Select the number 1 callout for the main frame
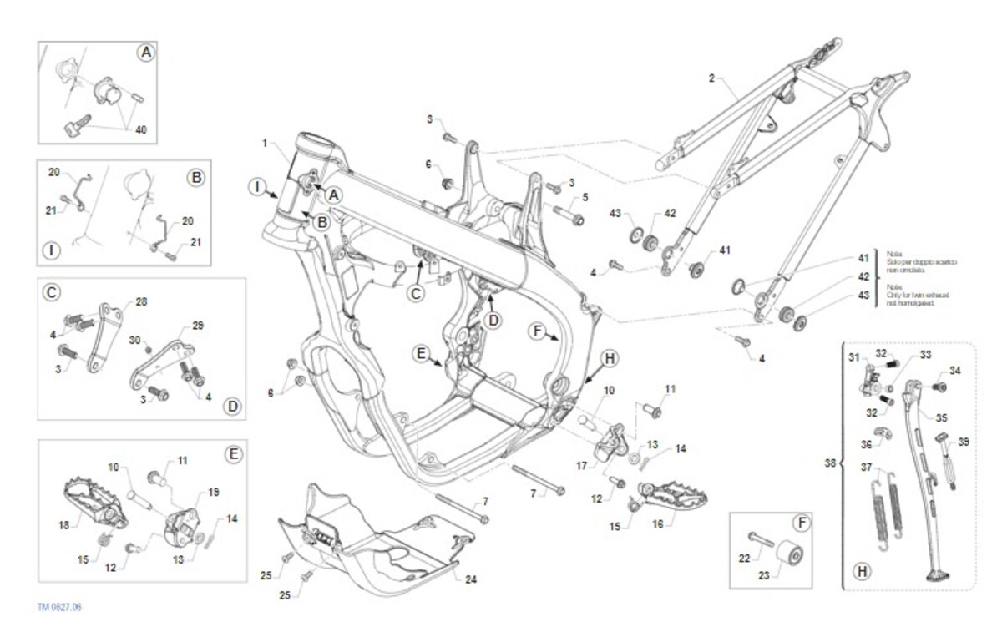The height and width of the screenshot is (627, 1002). point(265,144)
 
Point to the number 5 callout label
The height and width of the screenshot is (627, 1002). point(585,198)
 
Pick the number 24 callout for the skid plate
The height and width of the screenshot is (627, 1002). point(471,579)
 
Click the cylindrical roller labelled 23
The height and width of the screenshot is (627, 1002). point(789,555)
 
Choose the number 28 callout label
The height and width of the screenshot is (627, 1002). point(140,301)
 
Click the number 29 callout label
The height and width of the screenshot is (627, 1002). point(198,325)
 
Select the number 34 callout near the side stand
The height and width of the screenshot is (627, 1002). point(955,370)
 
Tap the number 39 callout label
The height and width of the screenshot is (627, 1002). point(964,442)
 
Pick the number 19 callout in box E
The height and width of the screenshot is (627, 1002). point(213,493)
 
